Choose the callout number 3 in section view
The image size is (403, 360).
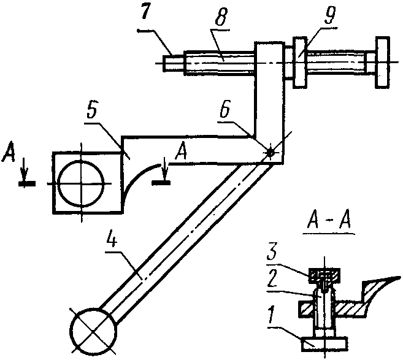272,254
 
